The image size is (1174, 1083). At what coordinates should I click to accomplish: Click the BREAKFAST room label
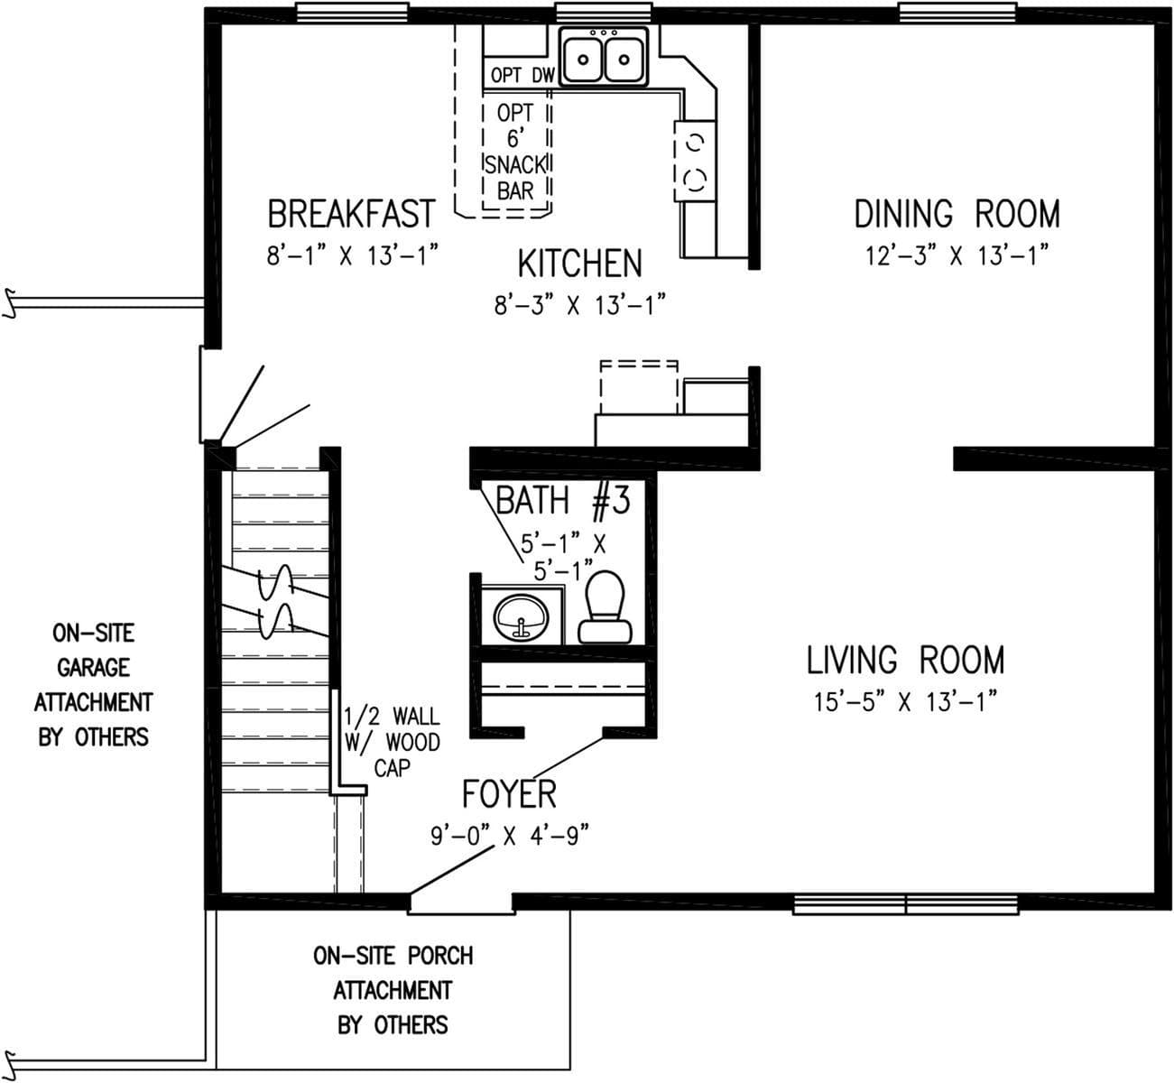click(x=350, y=215)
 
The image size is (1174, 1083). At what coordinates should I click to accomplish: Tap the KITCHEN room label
click(x=579, y=264)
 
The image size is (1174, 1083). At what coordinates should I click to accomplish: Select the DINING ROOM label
click(x=957, y=215)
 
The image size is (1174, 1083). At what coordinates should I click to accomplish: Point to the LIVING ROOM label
click(x=905, y=661)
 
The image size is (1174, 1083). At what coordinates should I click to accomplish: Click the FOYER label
click(x=509, y=794)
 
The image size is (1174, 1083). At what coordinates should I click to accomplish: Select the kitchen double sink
click(x=603, y=57)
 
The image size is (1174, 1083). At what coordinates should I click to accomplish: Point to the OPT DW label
click(x=522, y=76)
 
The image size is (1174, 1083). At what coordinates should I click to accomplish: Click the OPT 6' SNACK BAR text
click(x=515, y=152)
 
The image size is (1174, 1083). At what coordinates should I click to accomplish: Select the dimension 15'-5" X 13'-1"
click(x=905, y=702)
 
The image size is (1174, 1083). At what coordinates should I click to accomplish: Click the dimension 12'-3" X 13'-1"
click(x=957, y=256)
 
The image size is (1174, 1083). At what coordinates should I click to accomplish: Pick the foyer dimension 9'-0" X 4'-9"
click(x=509, y=836)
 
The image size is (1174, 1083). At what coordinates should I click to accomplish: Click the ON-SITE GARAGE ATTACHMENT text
click(x=93, y=685)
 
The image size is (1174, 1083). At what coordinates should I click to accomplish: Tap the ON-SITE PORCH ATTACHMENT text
click(x=393, y=990)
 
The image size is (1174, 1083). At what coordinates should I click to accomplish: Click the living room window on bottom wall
click(x=905, y=904)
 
